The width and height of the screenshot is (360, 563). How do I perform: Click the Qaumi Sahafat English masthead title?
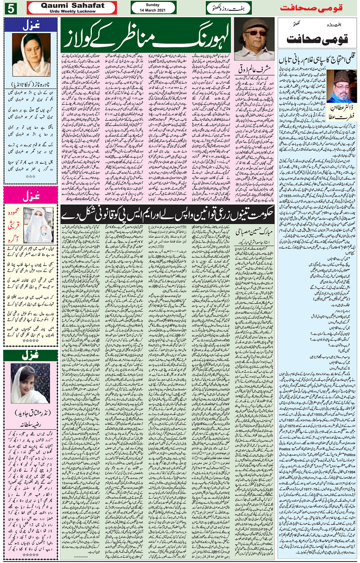tap(72, 5)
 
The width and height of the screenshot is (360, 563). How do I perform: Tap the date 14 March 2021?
tap(152, 10)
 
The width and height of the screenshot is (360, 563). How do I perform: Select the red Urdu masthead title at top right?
tap(311, 8)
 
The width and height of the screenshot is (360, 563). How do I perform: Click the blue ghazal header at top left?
tap(31, 25)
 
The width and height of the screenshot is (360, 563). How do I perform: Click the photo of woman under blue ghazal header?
tap(31, 55)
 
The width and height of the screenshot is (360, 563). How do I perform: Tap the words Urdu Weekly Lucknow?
tap(72, 11)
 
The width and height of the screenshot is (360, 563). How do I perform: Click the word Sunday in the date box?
tap(152, 5)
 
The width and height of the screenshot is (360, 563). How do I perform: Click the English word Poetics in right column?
tap(286, 449)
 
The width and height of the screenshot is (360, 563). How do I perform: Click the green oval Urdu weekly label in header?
tap(229, 8)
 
